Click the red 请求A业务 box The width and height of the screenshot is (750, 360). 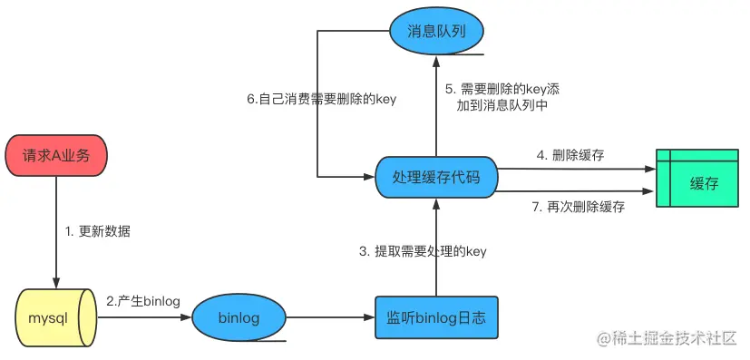click(x=56, y=156)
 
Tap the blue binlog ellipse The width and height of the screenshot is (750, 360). click(x=239, y=318)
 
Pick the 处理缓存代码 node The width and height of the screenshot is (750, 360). click(x=436, y=177)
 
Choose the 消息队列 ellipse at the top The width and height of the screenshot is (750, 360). click(x=436, y=31)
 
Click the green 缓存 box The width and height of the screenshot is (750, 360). click(x=704, y=183)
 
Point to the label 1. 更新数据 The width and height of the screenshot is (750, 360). click(x=98, y=231)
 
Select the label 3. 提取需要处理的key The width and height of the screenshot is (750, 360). click(x=424, y=251)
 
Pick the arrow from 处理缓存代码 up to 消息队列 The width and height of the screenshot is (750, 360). click(x=436, y=104)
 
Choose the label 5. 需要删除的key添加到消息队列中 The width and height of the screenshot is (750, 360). click(x=502, y=98)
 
